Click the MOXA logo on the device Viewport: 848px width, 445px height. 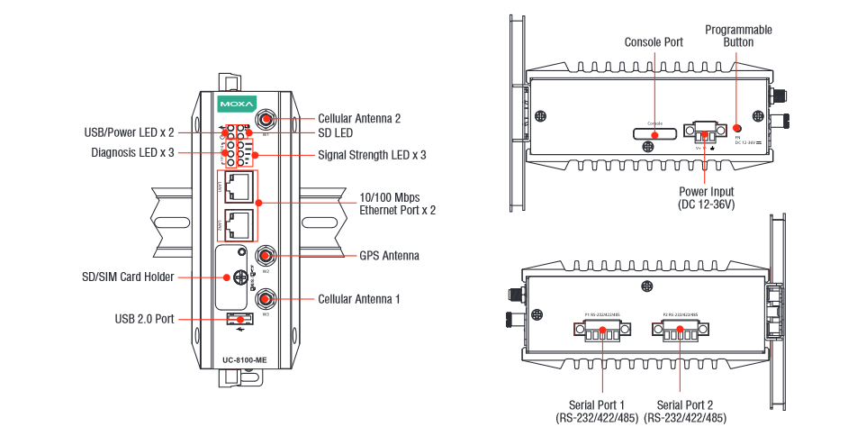coord(238,101)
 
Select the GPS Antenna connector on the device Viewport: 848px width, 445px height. coord(266,256)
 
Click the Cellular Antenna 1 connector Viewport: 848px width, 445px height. coord(266,298)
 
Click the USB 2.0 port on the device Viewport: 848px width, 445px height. coord(239,318)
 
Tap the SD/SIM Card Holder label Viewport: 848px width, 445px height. coord(132,277)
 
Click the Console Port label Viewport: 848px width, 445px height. coord(654,41)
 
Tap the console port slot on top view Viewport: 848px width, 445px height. coord(654,134)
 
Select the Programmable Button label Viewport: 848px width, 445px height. coord(738,36)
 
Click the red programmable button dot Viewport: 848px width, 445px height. coord(737,129)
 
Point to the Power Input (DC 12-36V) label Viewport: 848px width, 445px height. coord(706,198)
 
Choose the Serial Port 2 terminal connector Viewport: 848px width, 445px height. coord(681,332)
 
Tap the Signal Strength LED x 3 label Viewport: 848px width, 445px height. coord(372,155)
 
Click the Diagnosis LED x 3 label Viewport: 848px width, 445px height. coord(133,151)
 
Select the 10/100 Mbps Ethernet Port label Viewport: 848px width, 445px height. coord(398,204)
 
